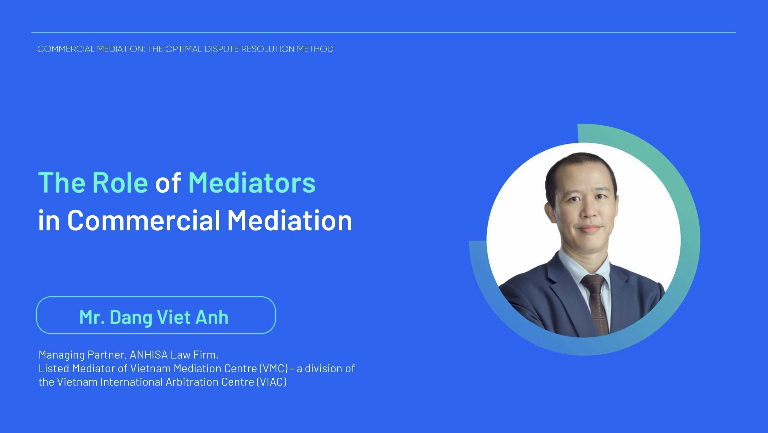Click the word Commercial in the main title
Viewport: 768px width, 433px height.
144,220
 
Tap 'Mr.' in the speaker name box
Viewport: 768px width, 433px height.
92,317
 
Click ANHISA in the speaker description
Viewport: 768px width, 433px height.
149,355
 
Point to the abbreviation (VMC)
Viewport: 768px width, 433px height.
274,369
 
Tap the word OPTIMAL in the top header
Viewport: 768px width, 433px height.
184,49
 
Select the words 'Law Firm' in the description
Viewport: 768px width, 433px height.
194,355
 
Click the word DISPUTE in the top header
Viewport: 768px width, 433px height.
221,49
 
